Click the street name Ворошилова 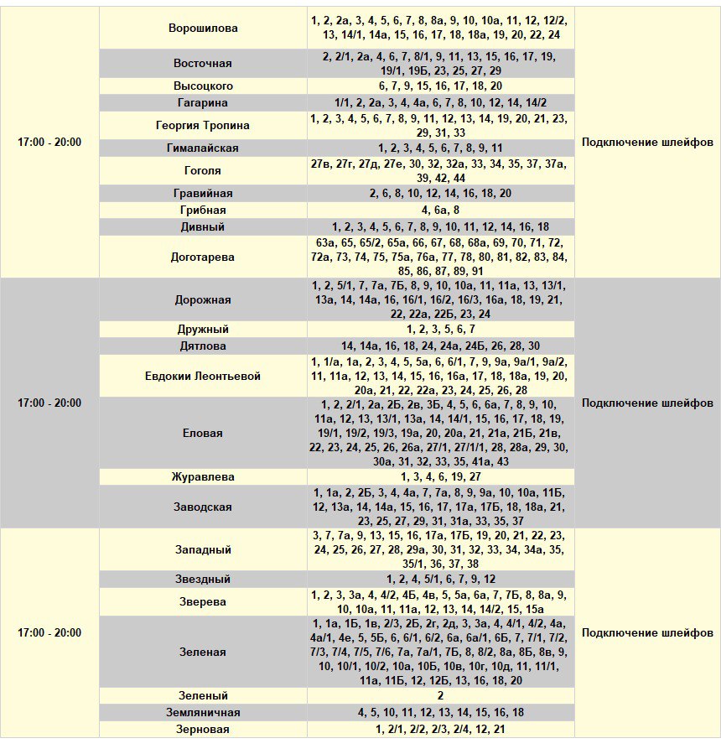203,28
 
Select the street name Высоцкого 203,86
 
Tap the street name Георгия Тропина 203,125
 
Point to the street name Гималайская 203,148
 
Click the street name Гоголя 203,170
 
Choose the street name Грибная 203,210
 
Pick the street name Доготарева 203,257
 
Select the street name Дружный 203,329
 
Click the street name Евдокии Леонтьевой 203,376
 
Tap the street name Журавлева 203,476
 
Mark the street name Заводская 203,507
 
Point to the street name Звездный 203,579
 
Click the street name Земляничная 203,712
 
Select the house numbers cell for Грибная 440,210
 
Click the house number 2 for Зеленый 440,695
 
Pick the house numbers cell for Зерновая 440,729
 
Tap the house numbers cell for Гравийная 440,193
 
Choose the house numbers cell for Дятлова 440,346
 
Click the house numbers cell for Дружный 440,329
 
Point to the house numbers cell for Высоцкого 440,86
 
